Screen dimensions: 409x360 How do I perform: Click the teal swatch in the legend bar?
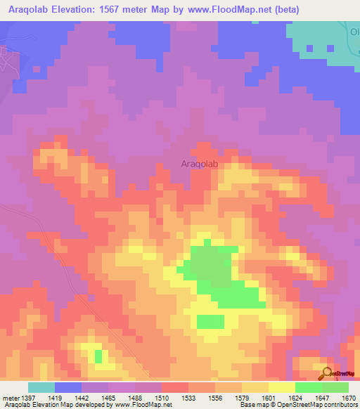pos(41,387)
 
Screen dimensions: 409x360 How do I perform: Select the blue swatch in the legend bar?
pos(67,387)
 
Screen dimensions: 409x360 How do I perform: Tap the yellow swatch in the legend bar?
pos(281,387)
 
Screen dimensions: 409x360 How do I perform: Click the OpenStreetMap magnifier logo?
pos(328,372)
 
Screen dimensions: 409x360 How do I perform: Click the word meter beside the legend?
pos(9,398)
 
